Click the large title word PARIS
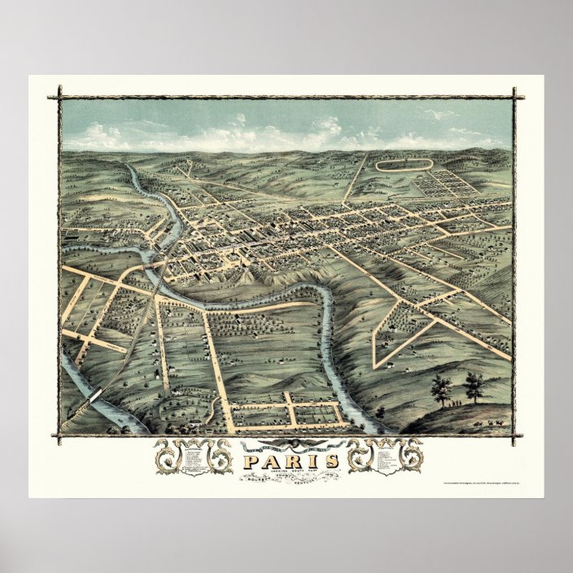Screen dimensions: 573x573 point(286,461)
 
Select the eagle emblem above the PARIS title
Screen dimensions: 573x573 point(286,445)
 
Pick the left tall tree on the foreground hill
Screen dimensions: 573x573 point(441,388)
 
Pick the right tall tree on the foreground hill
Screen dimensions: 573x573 point(474,387)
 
